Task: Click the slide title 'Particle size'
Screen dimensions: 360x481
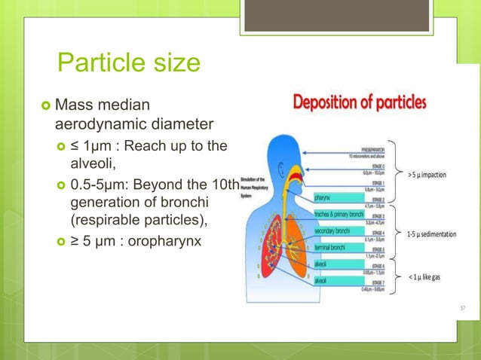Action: click(128, 62)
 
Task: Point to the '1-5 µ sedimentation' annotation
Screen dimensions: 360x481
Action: click(431, 234)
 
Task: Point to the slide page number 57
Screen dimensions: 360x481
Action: click(463, 308)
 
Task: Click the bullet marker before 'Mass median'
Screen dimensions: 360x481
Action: click(44, 103)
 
